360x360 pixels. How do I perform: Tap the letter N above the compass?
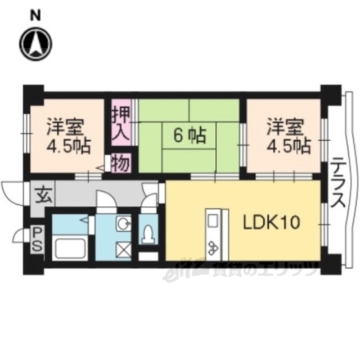point(35,15)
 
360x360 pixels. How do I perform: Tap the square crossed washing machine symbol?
point(124,247)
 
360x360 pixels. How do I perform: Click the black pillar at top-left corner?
point(33,92)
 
